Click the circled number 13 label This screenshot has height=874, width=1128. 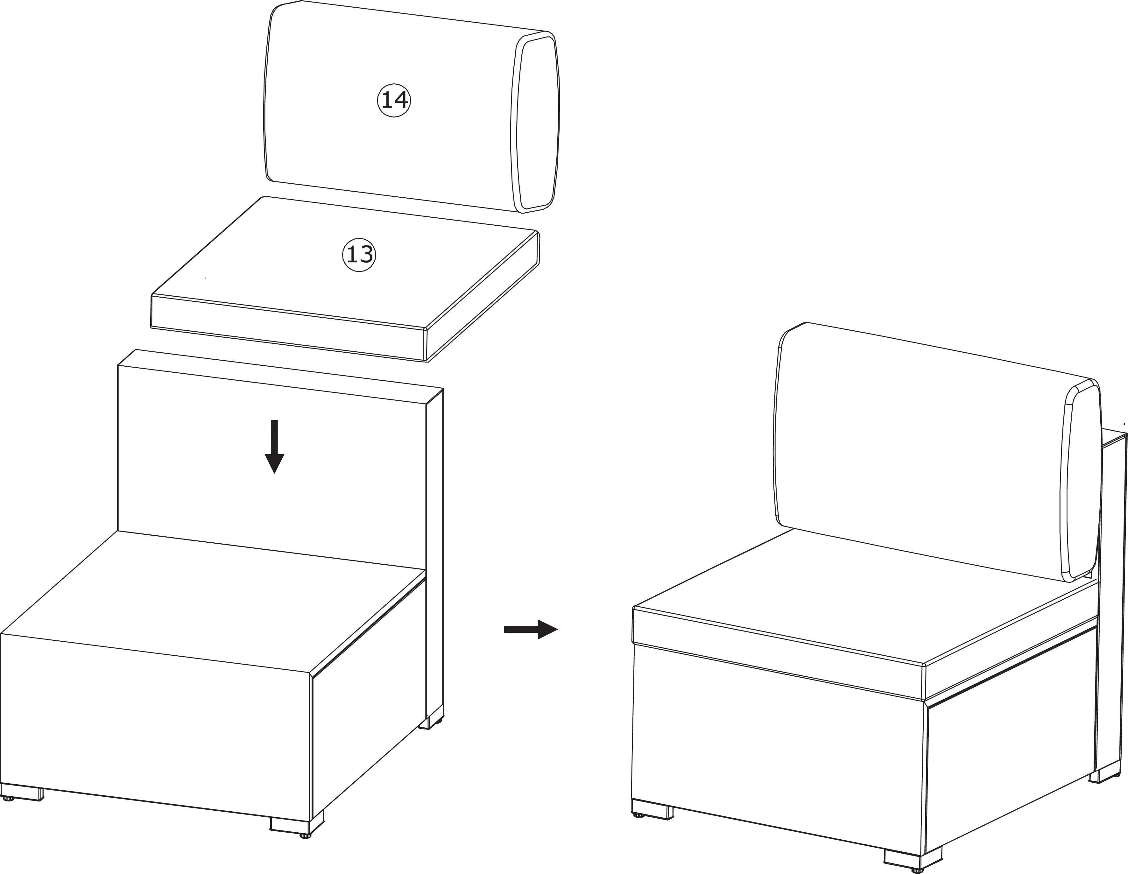(x=359, y=254)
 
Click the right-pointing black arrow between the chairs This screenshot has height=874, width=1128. (x=531, y=629)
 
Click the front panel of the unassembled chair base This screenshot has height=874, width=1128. (x=155, y=723)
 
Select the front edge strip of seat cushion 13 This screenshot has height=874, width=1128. (x=287, y=327)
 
